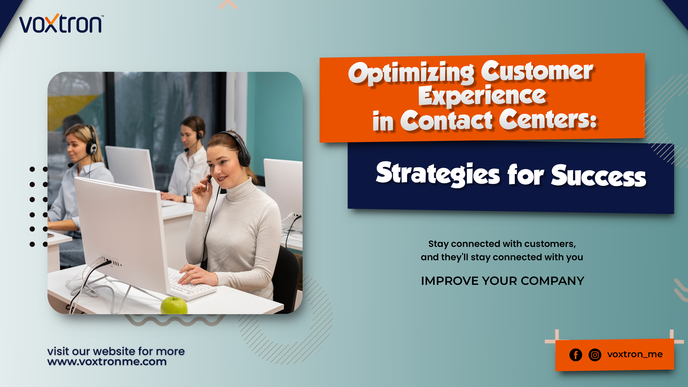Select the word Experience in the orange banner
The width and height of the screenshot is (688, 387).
tap(482, 96)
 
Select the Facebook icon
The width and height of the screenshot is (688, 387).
tap(576, 355)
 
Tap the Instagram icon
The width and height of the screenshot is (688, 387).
tap(595, 355)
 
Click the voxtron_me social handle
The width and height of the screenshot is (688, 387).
tap(635, 354)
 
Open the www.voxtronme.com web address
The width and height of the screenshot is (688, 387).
tap(107, 362)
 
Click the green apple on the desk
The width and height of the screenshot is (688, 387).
tap(174, 306)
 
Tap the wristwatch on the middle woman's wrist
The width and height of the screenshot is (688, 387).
tap(185, 199)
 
